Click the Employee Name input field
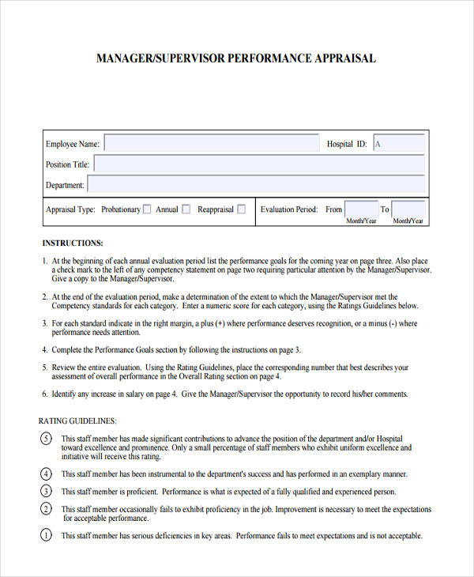point(209,144)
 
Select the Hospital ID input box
point(398,144)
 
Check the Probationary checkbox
point(148,209)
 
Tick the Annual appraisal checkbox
point(186,209)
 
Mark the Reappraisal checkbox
point(242,209)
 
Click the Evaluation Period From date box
point(361,209)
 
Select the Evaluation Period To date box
point(408,209)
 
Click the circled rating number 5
point(46,439)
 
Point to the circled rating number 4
point(46,474)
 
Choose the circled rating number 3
point(46,491)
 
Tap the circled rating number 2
point(46,510)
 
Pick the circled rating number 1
point(46,535)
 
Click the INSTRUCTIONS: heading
point(73,243)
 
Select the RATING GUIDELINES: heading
point(77,421)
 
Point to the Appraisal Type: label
point(70,209)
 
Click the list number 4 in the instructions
point(44,349)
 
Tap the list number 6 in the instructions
point(44,394)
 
